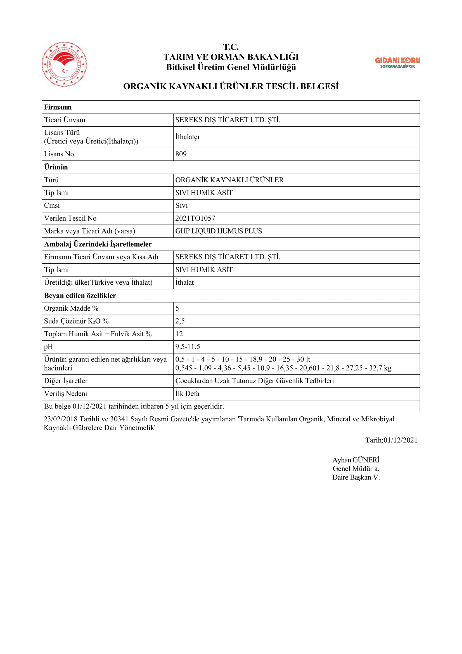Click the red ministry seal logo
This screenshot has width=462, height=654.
click(64, 64)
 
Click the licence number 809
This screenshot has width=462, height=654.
click(181, 154)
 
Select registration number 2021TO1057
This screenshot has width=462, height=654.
click(195, 218)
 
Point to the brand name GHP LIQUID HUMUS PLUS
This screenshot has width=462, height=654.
click(219, 231)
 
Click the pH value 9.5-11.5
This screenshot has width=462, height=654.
click(188, 347)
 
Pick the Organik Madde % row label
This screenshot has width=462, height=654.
click(71, 308)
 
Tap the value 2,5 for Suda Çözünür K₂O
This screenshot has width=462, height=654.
click(180, 321)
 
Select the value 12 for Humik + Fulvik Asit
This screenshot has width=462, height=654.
click(179, 334)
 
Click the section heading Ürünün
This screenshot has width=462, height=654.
click(56, 167)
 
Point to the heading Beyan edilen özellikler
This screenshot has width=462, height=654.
click(80, 296)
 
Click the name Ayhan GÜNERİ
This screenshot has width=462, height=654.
click(356, 460)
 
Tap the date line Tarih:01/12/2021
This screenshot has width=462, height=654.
click(391, 440)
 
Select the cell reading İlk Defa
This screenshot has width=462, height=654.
click(187, 394)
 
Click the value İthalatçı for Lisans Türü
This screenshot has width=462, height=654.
click(187, 137)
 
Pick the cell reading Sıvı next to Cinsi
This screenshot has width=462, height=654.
click(182, 206)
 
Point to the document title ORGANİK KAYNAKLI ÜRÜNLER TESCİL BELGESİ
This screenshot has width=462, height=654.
click(231, 86)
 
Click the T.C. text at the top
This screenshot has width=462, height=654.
click(231, 47)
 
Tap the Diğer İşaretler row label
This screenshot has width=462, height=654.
click(66, 381)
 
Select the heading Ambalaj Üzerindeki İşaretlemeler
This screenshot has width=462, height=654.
click(98, 244)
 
